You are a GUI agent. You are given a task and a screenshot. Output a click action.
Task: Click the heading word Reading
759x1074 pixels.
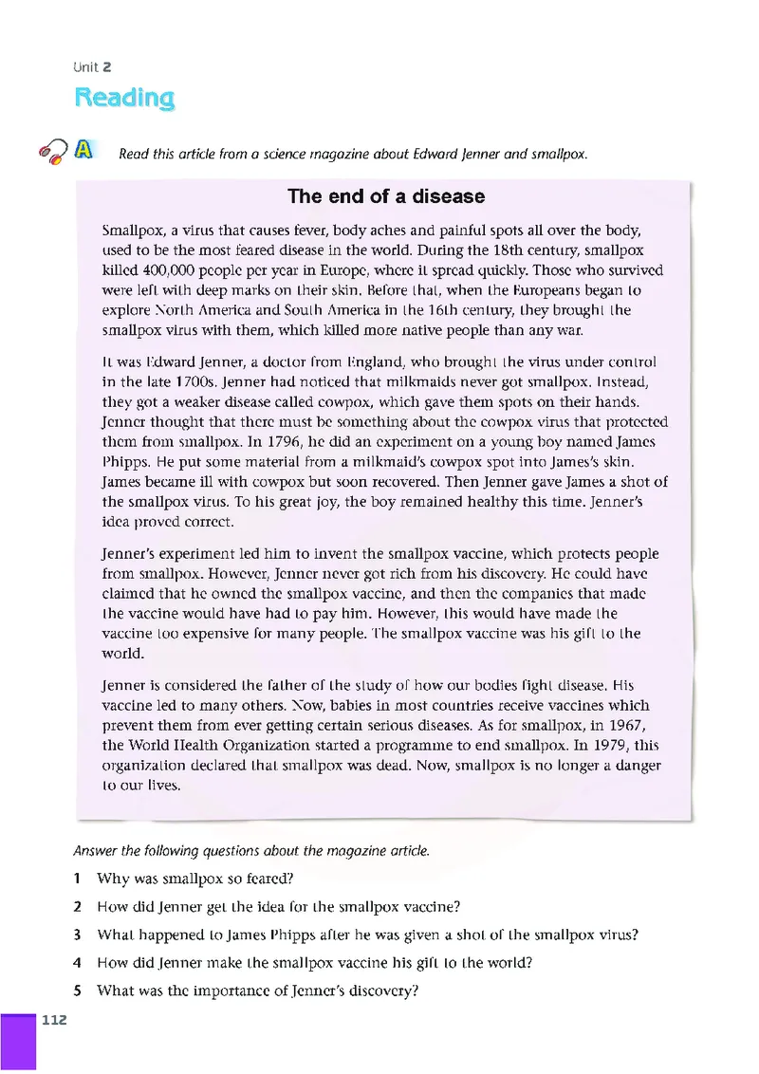point(124,98)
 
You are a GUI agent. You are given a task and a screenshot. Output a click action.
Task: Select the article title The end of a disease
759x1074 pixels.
point(386,196)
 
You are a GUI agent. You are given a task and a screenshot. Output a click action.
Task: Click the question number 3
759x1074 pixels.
point(76,935)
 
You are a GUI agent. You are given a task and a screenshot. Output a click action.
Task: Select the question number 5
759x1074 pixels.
point(76,991)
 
